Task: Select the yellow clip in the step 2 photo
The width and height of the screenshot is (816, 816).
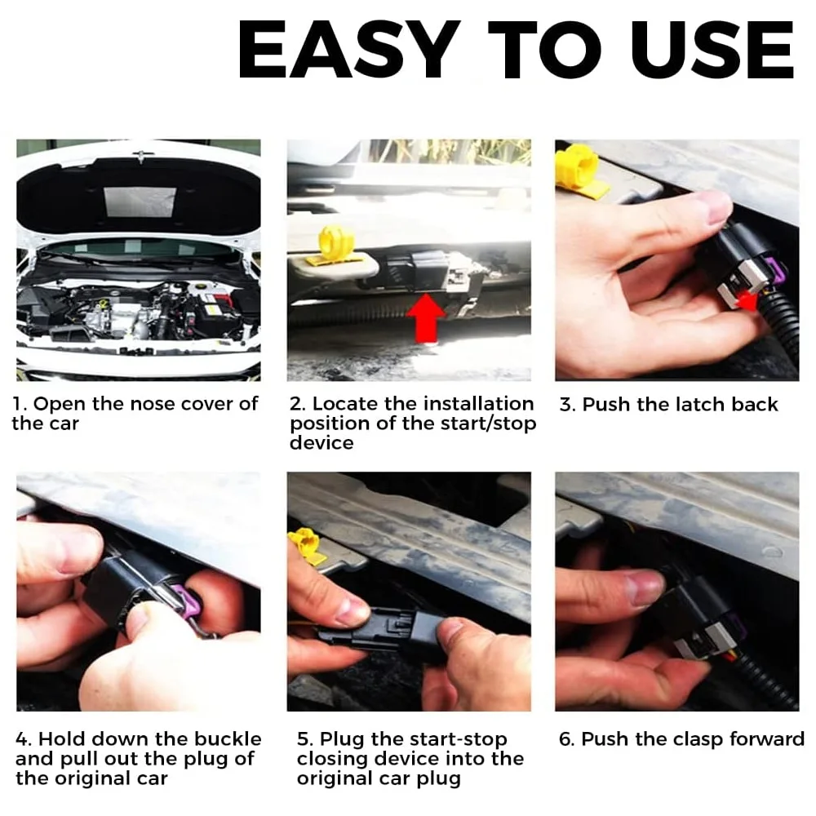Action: tap(335, 244)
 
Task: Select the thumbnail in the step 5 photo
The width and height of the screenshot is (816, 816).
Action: tap(352, 610)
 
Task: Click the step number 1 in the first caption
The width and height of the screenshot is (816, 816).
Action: tap(20, 404)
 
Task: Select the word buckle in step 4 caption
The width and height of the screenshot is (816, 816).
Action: tap(227, 739)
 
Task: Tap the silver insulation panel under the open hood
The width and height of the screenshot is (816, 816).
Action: tap(140, 200)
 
